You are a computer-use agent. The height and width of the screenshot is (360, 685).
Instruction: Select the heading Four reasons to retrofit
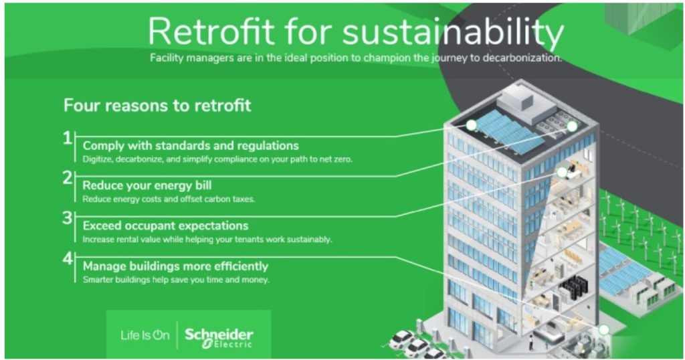pos(157,105)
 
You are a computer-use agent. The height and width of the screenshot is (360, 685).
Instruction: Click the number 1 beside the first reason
pos(68,139)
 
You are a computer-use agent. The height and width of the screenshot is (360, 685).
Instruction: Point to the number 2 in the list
pos(68,177)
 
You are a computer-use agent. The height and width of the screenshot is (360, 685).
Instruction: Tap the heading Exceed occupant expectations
pos(165,226)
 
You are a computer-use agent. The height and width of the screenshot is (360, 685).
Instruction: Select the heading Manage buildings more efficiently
pos(175,266)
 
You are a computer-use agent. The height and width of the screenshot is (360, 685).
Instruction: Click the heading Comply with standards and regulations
pos(191,145)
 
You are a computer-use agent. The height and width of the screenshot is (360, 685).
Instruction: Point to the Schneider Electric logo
pos(219,336)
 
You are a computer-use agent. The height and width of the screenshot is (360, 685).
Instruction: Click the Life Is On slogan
pos(144,335)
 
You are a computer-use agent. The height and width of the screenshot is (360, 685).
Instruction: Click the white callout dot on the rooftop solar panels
pos(472,125)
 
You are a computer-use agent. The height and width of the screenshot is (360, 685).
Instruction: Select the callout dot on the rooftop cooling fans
pos(572,126)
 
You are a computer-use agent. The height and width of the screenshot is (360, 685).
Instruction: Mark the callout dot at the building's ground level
pos(603,329)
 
